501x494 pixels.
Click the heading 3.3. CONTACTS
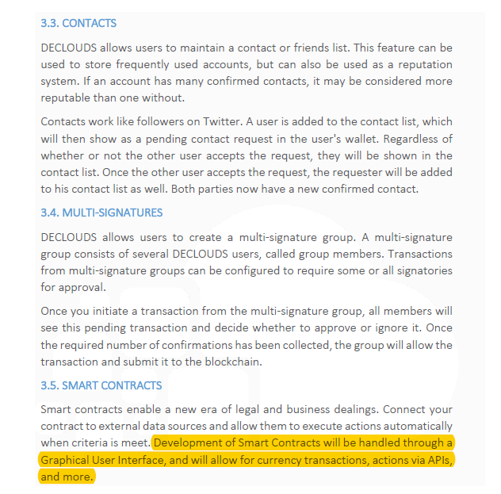pyautogui.click(x=78, y=24)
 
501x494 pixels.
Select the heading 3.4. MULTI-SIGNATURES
pyautogui.click(x=101, y=213)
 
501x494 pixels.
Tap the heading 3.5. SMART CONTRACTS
pyautogui.click(x=101, y=385)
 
